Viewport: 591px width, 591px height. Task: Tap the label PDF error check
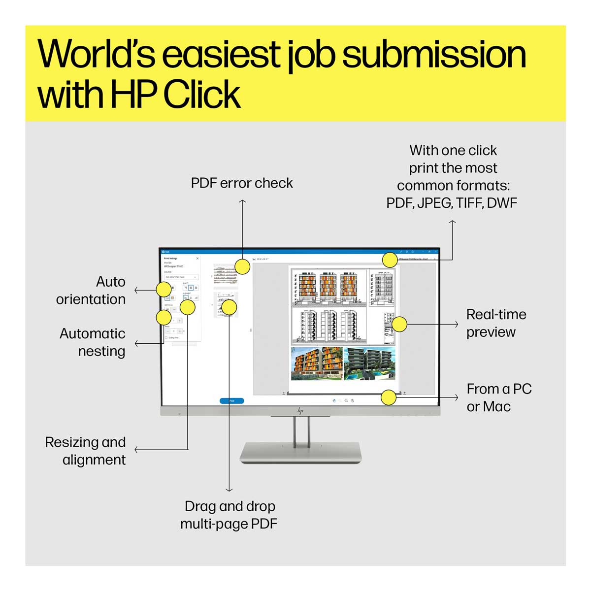pyautogui.click(x=242, y=183)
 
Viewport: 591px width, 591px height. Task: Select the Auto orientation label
pyautogui.click(x=91, y=291)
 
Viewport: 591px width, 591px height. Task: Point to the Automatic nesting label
pyautogui.click(x=93, y=342)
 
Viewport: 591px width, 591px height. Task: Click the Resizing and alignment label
pyautogui.click(x=86, y=451)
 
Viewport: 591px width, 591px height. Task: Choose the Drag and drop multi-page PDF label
pyautogui.click(x=229, y=515)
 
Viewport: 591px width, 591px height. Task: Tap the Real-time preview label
pyautogui.click(x=496, y=323)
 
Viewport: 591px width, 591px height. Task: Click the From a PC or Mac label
pyautogui.click(x=499, y=397)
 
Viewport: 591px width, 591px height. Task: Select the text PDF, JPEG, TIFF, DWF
pyautogui.click(x=452, y=203)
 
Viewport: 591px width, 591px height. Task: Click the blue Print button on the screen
pyautogui.click(x=231, y=401)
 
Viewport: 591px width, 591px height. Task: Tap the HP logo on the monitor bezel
pyautogui.click(x=300, y=411)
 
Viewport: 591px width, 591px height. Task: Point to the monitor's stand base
pyautogui.click(x=300, y=452)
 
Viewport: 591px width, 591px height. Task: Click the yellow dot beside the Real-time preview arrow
pyautogui.click(x=399, y=324)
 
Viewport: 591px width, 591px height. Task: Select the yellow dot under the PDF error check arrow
pyautogui.click(x=242, y=267)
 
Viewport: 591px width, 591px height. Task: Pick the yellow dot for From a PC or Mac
pyautogui.click(x=389, y=397)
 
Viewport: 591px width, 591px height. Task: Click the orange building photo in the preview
pyautogui.click(x=316, y=363)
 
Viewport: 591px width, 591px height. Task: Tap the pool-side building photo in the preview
pyautogui.click(x=369, y=363)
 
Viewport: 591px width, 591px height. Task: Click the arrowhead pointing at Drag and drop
pyautogui.click(x=229, y=489)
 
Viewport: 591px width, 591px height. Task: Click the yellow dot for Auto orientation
pyautogui.click(x=164, y=290)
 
